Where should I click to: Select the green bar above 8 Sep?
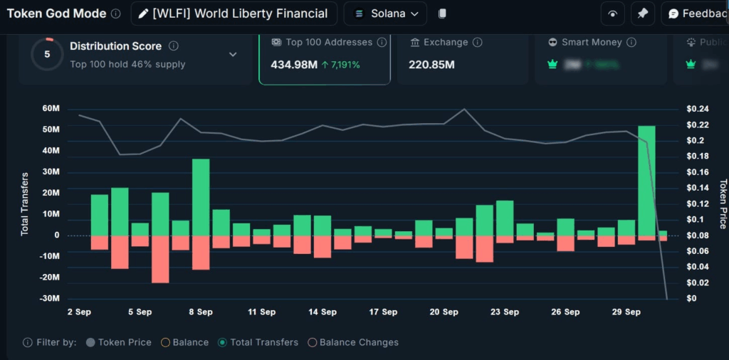(201, 197)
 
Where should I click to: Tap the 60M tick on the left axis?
(51, 109)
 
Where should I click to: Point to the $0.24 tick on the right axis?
(697, 109)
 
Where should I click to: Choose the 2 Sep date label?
(79, 312)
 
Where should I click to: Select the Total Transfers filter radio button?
(222, 342)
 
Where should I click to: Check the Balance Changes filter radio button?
(312, 342)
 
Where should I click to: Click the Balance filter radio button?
(165, 342)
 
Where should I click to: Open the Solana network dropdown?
(385, 14)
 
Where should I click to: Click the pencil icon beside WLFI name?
(144, 14)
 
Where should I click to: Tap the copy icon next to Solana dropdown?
(442, 14)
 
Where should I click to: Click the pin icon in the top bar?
(642, 14)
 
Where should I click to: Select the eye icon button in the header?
(612, 14)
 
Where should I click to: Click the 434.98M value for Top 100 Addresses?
(293, 65)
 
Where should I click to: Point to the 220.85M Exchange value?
(431, 65)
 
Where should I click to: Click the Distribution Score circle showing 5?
(47, 54)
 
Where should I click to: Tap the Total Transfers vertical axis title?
(24, 203)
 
